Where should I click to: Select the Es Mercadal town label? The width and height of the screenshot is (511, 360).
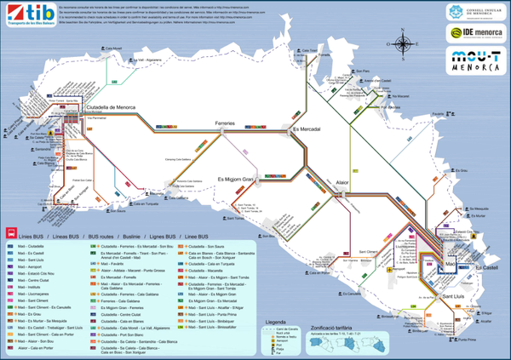coord(307,129)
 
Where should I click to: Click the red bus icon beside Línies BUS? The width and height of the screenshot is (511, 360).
coord(10,232)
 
